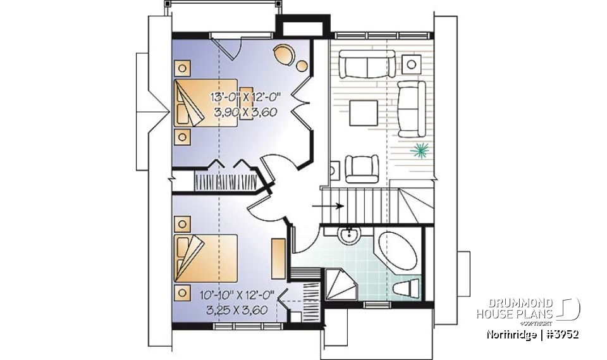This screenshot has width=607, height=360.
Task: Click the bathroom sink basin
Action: click(x=348, y=235)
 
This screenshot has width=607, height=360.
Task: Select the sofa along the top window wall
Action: click(x=368, y=64)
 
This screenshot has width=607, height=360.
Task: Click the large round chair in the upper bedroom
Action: click(x=283, y=53)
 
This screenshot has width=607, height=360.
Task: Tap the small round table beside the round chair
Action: click(x=302, y=65)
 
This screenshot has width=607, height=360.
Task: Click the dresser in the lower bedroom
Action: click(x=278, y=258)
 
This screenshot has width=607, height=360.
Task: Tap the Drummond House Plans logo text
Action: click(x=516, y=309)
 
